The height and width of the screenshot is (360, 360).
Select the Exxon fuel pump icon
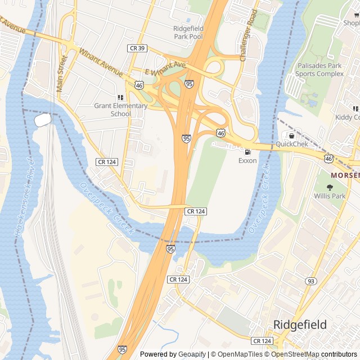click(x=247, y=152)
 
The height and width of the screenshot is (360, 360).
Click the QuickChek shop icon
click(x=291, y=136)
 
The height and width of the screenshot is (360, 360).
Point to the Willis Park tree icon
click(x=330, y=188)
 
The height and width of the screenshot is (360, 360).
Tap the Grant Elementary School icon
click(x=120, y=97)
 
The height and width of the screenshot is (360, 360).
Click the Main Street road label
click(x=61, y=71)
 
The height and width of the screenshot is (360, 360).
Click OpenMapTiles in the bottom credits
click(x=240, y=354)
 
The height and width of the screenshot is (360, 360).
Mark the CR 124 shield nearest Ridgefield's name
click(x=262, y=341)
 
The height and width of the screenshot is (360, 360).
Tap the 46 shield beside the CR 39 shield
click(x=138, y=85)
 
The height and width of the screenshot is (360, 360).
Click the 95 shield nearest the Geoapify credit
click(x=122, y=349)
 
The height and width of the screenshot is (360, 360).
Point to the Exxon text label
click(x=247, y=161)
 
